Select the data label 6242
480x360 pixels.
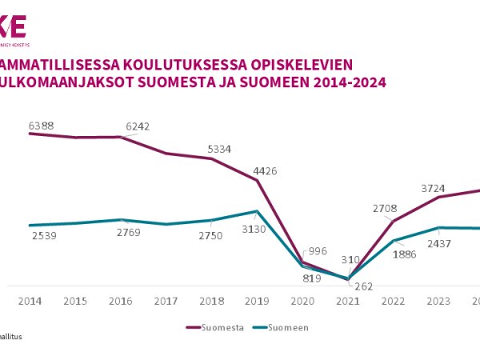pos(138,126)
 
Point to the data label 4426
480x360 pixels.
pos(265,170)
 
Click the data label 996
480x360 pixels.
pos(317,251)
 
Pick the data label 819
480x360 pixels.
pos(312,278)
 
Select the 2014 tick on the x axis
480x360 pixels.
pos(30,301)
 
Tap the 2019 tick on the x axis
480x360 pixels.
pos(258,301)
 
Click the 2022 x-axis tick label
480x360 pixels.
pos(394,301)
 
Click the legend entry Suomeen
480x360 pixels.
pos(287,327)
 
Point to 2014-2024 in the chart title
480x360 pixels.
pos(350,82)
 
